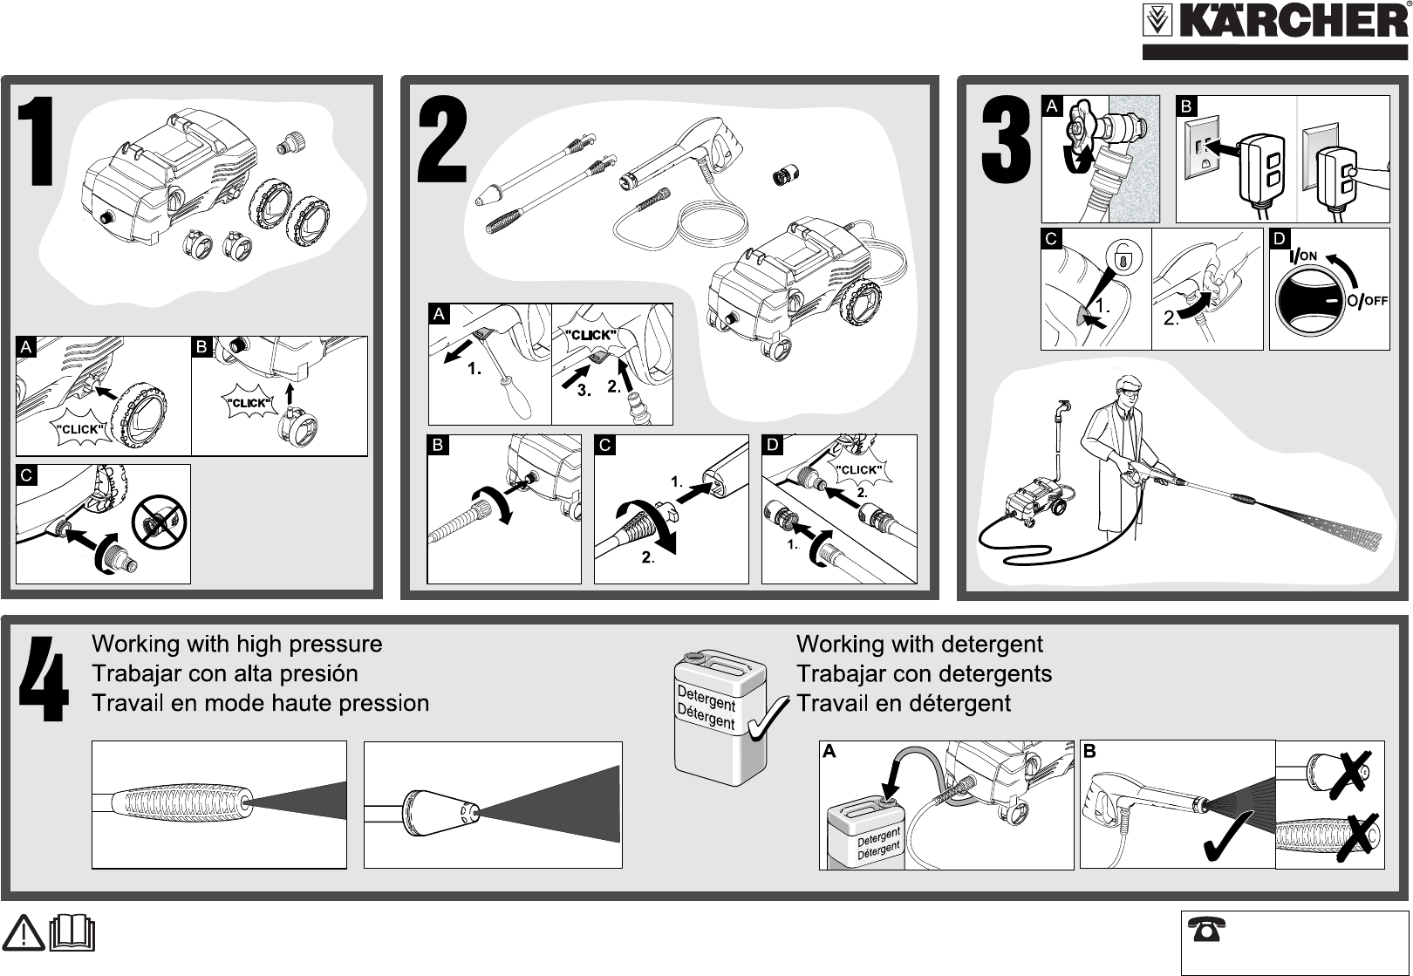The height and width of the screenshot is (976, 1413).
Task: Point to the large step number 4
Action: [44, 678]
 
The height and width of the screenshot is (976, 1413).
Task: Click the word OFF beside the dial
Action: [1375, 301]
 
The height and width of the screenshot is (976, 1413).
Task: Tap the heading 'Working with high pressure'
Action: [237, 645]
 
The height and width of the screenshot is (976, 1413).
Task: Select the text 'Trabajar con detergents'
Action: [925, 674]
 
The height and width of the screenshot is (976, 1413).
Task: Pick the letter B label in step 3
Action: [1185, 106]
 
